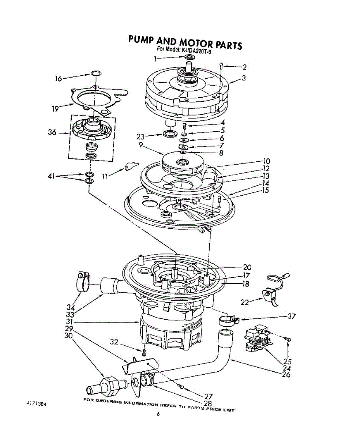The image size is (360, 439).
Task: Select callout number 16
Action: point(58,78)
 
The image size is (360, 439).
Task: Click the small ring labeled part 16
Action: point(95,74)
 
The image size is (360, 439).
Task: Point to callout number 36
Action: point(52,132)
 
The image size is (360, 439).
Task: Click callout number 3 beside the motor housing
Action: point(243,78)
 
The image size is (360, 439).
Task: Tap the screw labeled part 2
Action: point(221,66)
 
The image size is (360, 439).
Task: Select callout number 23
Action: point(140,137)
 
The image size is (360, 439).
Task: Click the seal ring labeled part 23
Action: point(169,134)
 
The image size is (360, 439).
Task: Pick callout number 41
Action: point(51,176)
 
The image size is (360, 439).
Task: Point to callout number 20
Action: point(247,267)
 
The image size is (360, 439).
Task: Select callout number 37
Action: point(292,316)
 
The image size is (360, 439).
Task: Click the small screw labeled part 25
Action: point(289,340)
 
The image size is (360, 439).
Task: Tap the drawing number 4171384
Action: point(35,404)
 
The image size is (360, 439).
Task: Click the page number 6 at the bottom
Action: point(158,414)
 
